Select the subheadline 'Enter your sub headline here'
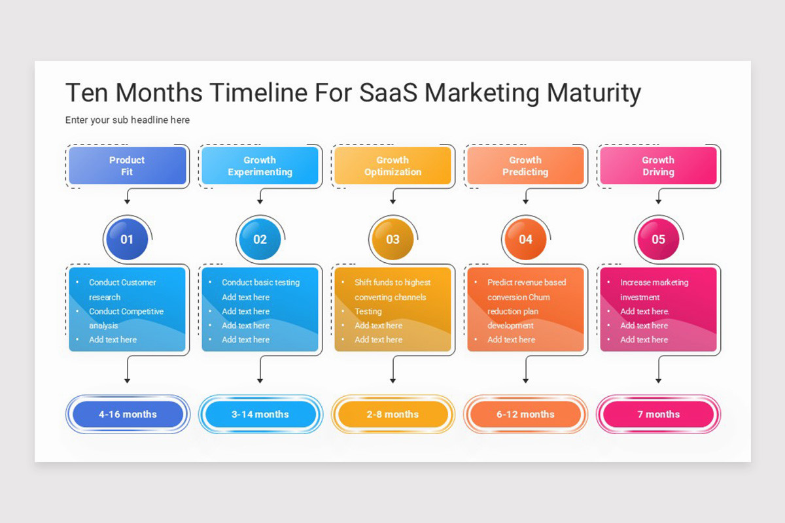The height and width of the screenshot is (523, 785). (128, 120)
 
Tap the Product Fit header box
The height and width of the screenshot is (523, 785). (128, 166)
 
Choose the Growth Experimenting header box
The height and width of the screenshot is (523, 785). (260, 166)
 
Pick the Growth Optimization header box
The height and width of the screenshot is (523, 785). (392, 166)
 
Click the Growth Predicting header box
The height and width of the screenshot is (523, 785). (525, 166)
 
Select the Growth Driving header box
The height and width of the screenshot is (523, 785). (658, 166)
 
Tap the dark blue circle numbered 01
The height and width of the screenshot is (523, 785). (127, 239)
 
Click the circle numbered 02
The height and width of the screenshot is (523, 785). (260, 239)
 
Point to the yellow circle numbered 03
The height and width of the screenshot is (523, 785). (392, 239)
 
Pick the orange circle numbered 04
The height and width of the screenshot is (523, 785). (525, 239)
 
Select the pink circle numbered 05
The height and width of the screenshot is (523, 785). (658, 239)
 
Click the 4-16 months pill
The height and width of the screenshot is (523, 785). (128, 414)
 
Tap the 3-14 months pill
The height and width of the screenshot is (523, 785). (260, 414)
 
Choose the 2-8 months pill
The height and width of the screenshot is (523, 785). (392, 414)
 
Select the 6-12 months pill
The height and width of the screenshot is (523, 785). (525, 414)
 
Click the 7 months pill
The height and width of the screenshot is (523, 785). (658, 414)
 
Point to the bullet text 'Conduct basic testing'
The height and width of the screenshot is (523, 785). (260, 282)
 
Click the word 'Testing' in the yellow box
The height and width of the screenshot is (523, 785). (368, 312)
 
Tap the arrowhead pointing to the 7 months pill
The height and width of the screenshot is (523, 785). (658, 380)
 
